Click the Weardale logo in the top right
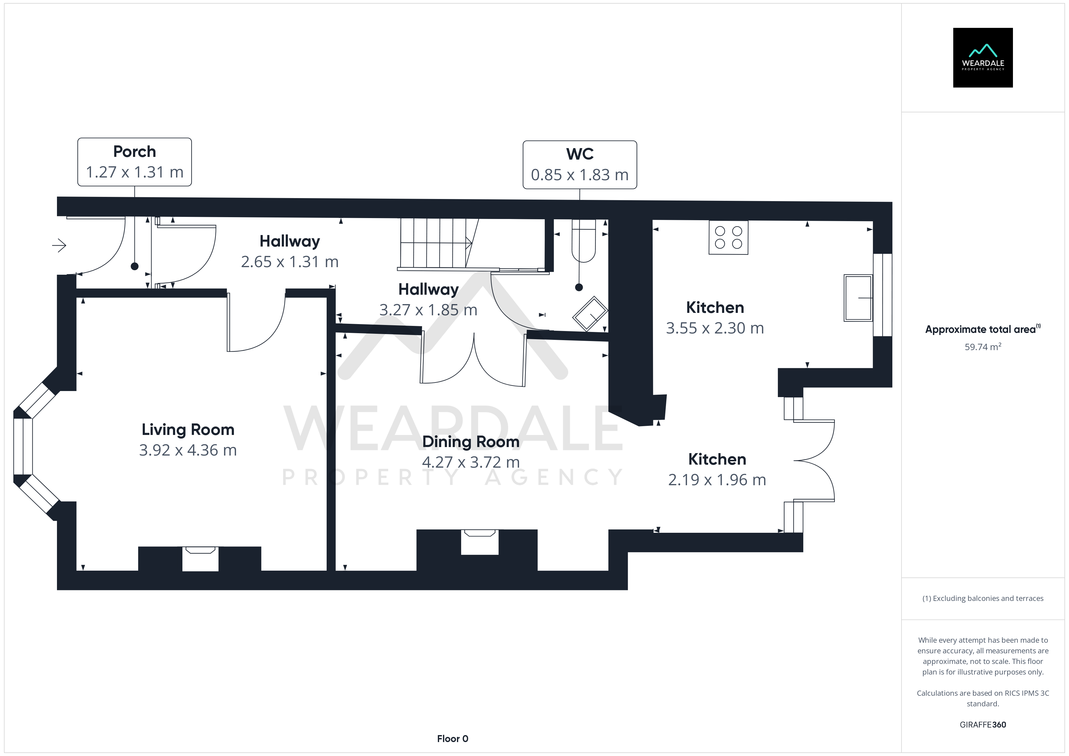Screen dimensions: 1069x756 pyautogui.click(x=983, y=58)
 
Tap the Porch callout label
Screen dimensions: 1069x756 pyautogui.click(x=135, y=162)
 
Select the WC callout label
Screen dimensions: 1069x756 pyautogui.click(x=580, y=165)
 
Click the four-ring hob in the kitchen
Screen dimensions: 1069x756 pyautogui.click(x=728, y=237)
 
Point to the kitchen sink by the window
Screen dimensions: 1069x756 pyautogui.click(x=858, y=298)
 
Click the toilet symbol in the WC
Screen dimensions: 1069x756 pyautogui.click(x=583, y=241)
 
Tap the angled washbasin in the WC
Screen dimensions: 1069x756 pyautogui.click(x=590, y=314)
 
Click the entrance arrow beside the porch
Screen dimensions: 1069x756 pyautogui.click(x=59, y=245)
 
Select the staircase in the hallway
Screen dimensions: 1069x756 pyautogui.click(x=436, y=244)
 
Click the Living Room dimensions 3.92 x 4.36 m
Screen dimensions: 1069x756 pyautogui.click(x=188, y=450)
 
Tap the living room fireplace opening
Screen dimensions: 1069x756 pyautogui.click(x=200, y=559)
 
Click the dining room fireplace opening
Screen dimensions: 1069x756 pyautogui.click(x=480, y=542)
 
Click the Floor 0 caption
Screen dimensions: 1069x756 pyautogui.click(x=453, y=739)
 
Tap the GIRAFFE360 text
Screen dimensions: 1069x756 pyautogui.click(x=983, y=725)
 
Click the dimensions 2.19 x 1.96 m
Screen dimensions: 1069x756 pyautogui.click(x=717, y=480)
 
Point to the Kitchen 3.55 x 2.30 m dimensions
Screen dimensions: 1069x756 pyautogui.click(x=715, y=328)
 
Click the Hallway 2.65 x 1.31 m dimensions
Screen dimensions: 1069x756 pyautogui.click(x=290, y=262)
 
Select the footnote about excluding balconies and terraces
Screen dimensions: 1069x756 pyautogui.click(x=983, y=599)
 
